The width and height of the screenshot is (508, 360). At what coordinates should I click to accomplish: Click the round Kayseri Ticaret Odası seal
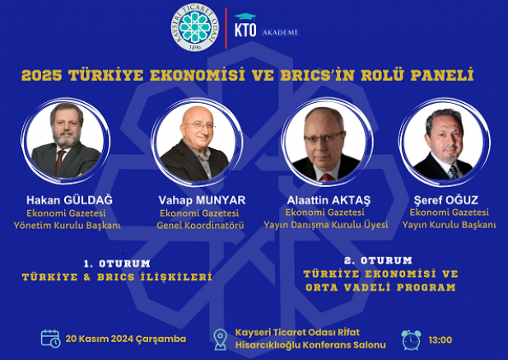click(x=194, y=27)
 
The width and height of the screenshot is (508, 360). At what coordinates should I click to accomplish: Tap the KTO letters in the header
click(x=245, y=30)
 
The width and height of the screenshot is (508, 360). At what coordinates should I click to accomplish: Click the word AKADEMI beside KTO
click(x=280, y=33)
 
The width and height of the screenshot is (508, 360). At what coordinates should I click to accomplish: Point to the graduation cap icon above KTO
click(x=245, y=17)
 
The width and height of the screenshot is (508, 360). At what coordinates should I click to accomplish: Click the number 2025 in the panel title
click(x=41, y=75)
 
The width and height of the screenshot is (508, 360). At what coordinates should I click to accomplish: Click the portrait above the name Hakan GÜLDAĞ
click(x=66, y=141)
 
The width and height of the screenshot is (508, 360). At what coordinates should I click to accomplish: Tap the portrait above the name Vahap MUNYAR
click(x=197, y=143)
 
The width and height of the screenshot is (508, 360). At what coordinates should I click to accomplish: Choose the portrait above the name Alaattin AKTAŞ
click(x=327, y=143)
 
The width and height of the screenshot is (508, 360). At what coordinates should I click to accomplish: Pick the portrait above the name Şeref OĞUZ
click(x=445, y=143)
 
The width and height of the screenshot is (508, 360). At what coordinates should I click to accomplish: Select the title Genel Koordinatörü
click(x=200, y=225)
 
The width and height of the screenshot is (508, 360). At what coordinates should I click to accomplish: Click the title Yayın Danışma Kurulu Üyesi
click(x=325, y=225)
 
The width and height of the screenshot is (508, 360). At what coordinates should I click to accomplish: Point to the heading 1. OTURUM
click(x=117, y=264)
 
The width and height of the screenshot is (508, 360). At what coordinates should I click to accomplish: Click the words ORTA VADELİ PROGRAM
click(x=380, y=288)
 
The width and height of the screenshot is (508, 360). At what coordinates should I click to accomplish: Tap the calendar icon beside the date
click(x=50, y=339)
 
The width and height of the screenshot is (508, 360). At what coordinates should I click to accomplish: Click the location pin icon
click(x=221, y=339)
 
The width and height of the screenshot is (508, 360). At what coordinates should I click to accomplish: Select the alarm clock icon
click(x=411, y=340)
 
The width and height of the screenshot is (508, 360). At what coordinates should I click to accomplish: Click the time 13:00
click(x=440, y=340)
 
